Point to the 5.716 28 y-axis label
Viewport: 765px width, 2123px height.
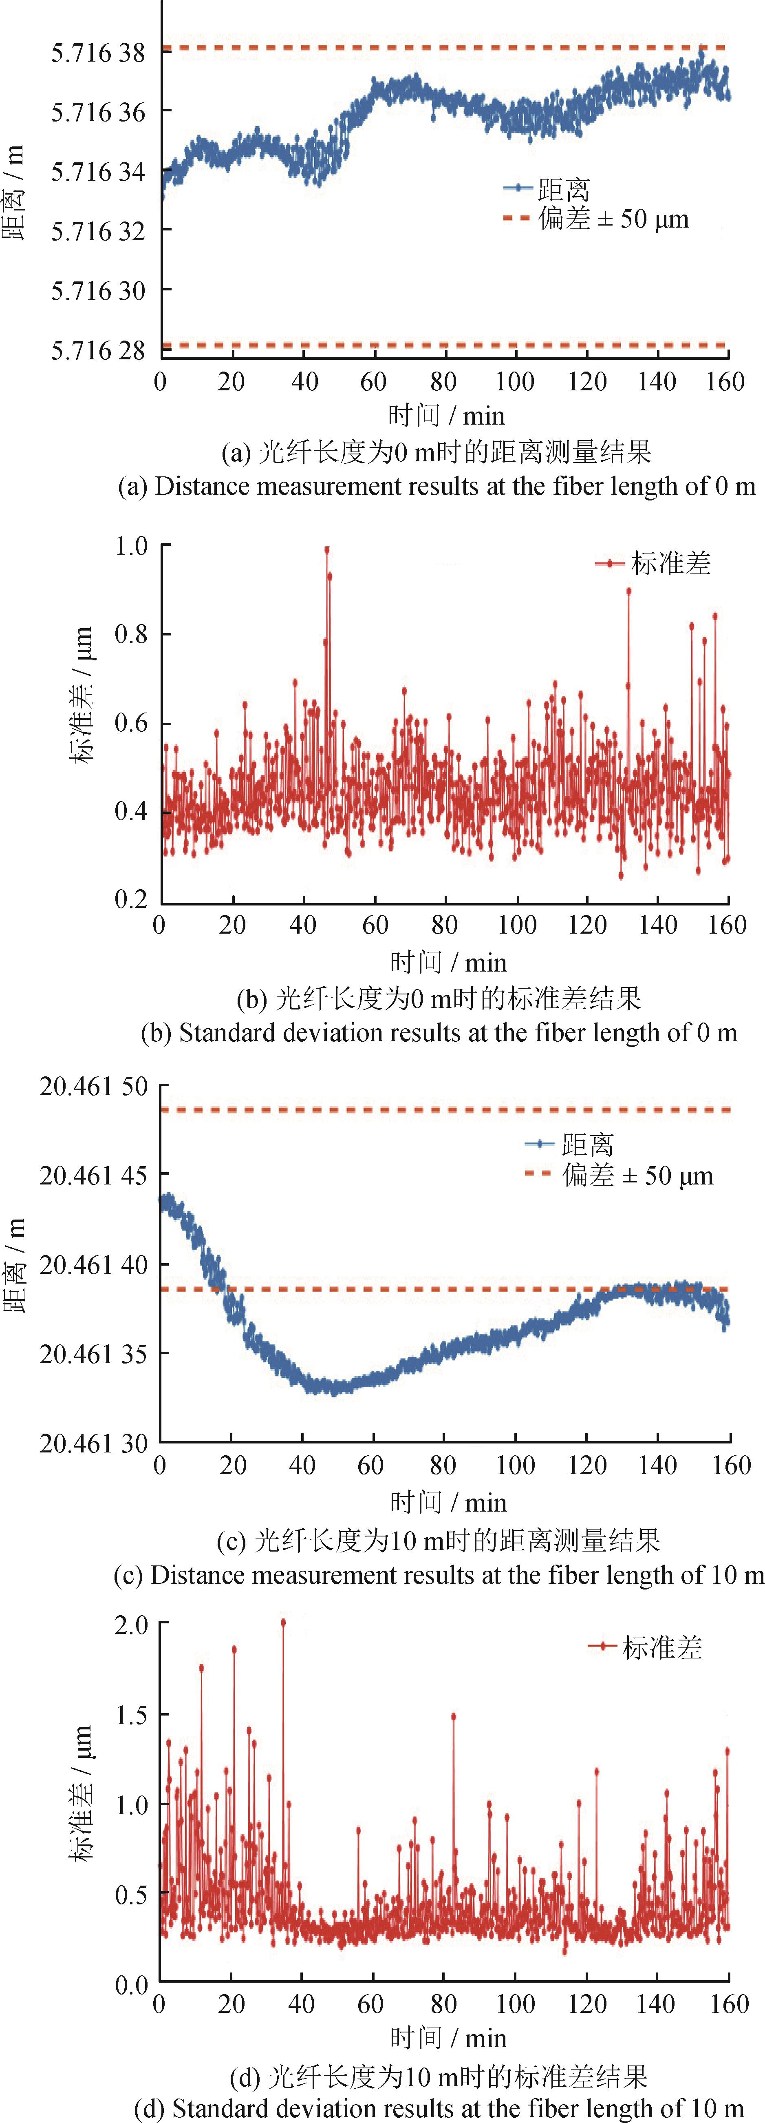(97, 350)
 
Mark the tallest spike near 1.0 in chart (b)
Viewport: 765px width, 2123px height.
(327, 550)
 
